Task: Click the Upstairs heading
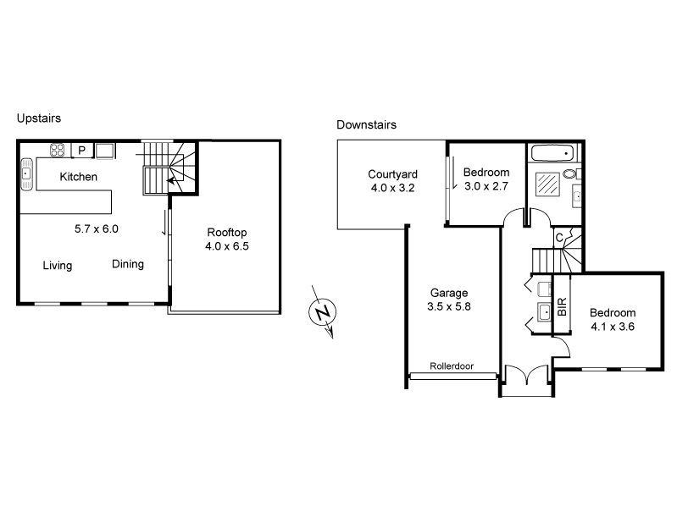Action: [39, 119]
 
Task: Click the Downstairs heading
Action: [367, 124]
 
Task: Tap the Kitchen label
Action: [78, 177]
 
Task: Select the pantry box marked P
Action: [82, 151]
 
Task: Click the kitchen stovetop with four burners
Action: [58, 151]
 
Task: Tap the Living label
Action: [58, 266]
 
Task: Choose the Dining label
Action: [128, 264]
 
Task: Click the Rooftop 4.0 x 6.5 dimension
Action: [226, 246]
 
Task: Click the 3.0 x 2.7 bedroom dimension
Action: [486, 187]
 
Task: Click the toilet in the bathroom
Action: [569, 175]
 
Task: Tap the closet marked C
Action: [560, 238]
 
